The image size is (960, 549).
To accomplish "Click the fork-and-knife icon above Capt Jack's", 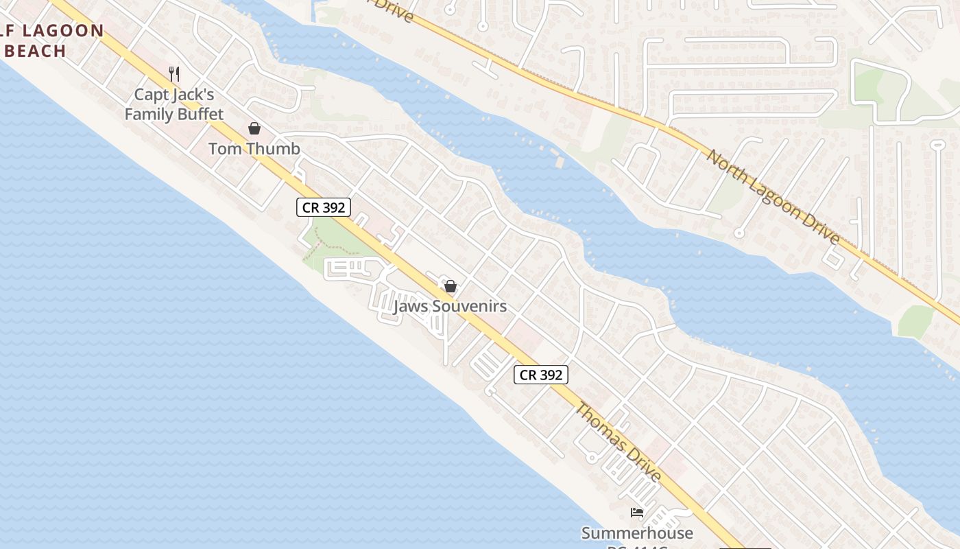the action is tap(174, 73).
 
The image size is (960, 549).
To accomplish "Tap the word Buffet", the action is tap(198, 114).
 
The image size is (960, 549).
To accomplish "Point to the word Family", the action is tap(147, 114).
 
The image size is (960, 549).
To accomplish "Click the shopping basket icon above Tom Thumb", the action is tap(254, 128).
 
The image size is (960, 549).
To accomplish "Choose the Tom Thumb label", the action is tap(254, 148).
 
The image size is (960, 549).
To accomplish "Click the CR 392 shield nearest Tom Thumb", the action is tap(324, 207).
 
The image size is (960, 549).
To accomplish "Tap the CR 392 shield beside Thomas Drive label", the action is tap(541, 375).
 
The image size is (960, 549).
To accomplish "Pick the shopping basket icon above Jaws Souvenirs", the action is tap(451, 286).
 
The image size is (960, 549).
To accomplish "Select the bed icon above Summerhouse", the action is tap(637, 513).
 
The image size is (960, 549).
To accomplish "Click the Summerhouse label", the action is tap(637, 533).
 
